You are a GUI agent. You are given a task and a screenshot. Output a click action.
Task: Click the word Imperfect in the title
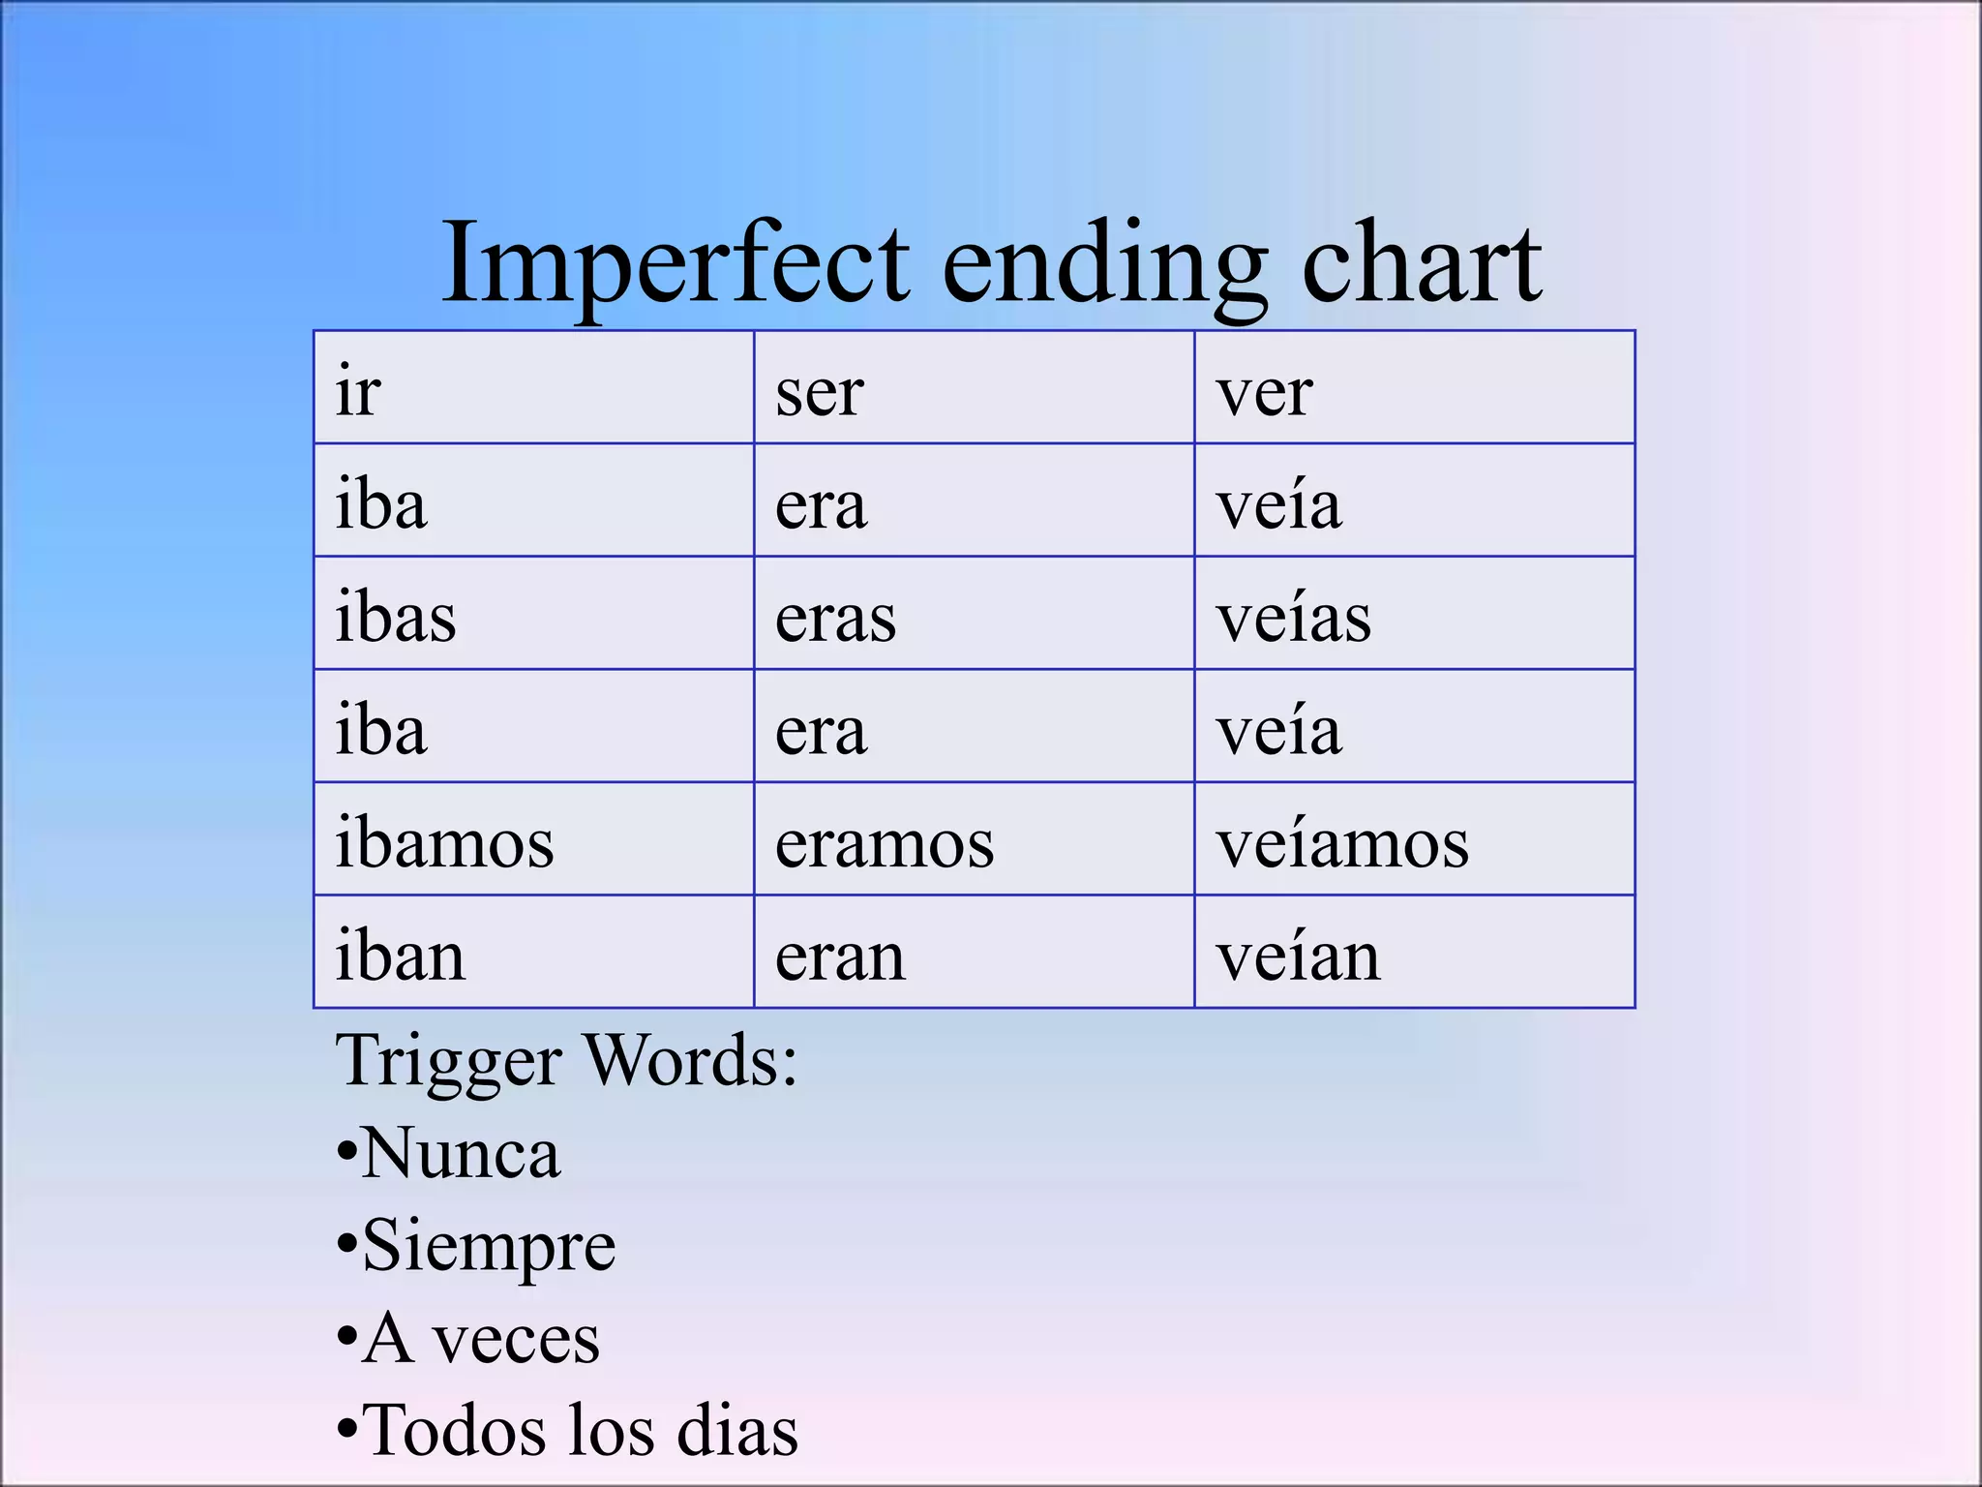pos(675,264)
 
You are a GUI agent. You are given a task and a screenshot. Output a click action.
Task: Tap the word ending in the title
pos(1104,264)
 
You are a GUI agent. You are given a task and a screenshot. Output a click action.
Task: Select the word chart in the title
pos(1422,264)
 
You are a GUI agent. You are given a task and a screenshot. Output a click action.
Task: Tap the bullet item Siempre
pos(489,1246)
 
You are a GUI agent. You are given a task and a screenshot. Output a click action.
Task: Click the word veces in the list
pos(515,1339)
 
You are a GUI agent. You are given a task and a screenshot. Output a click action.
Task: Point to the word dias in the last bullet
pos(737,1430)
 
